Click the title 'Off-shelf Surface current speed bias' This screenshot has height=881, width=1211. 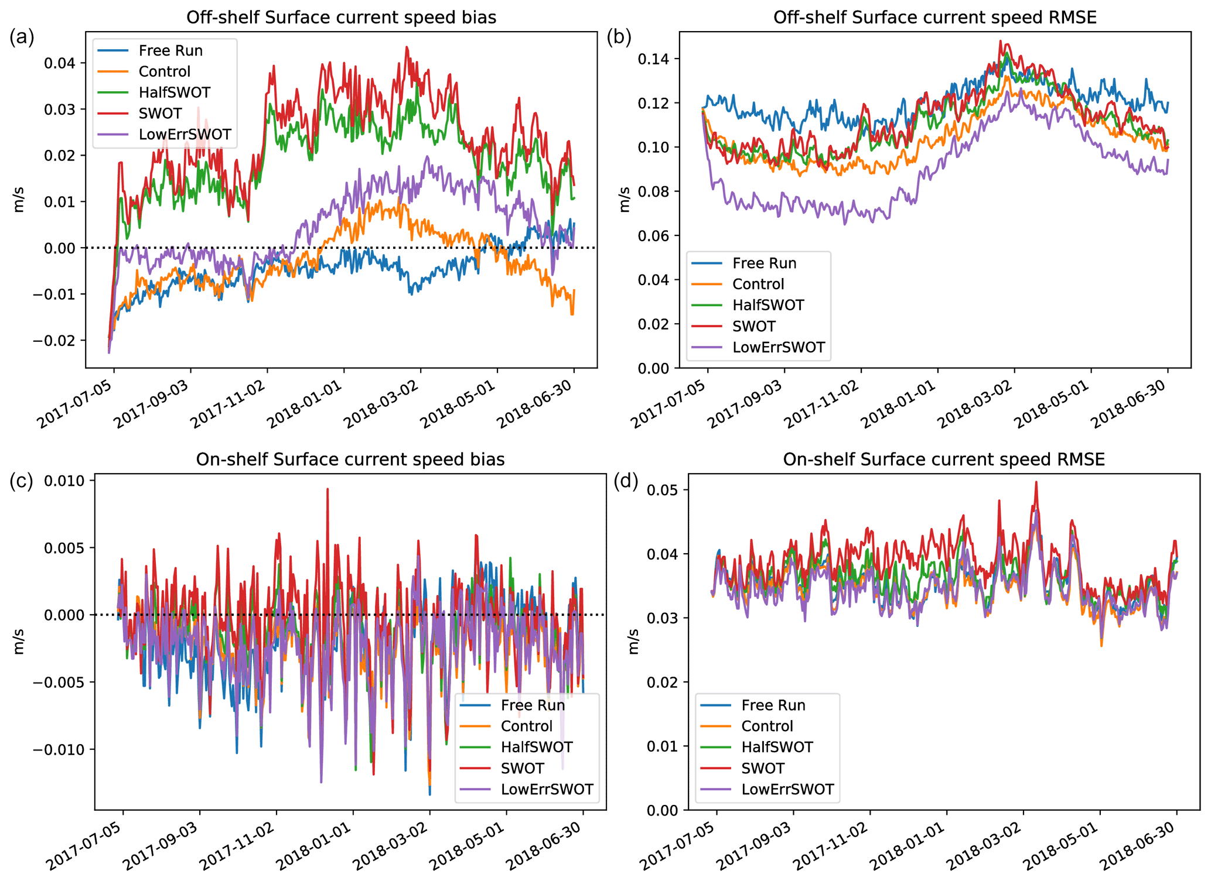pos(341,17)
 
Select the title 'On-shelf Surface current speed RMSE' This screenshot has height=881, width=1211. pos(943,460)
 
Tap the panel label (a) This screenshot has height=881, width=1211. pos(22,37)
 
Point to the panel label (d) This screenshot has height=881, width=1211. pos(625,481)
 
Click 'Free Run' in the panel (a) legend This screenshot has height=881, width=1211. pos(170,51)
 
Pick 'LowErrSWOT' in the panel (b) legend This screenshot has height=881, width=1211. pos(778,347)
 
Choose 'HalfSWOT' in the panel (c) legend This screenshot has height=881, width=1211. pos(536,747)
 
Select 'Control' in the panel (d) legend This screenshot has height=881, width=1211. pos(766,726)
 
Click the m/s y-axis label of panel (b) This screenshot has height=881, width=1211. pos(625,200)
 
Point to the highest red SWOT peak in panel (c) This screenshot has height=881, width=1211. pos(328,489)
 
